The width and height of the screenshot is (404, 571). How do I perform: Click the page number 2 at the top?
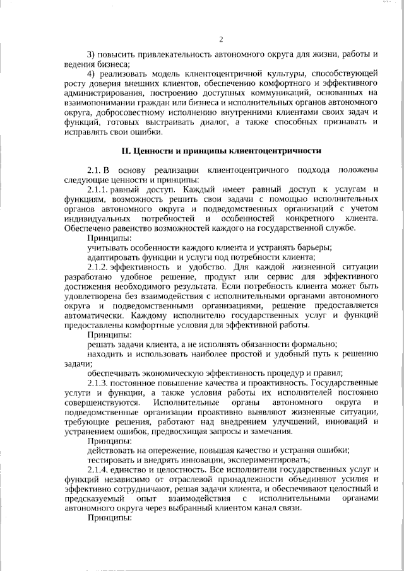(x=221, y=39)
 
